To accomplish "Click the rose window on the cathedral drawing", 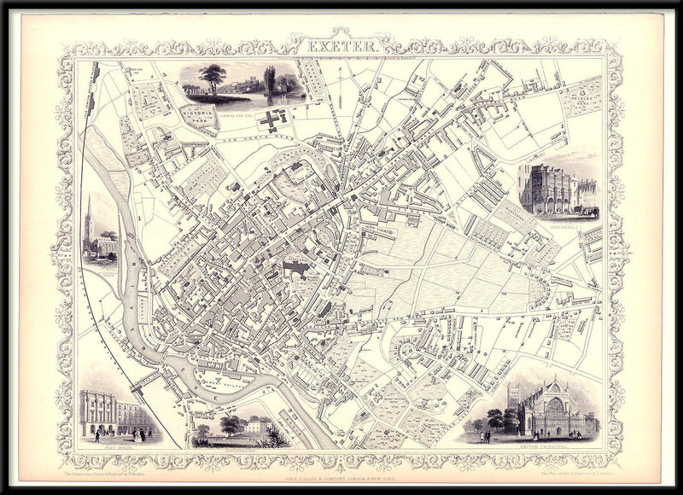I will pos(556,407).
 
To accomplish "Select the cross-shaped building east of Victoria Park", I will pos(271,120).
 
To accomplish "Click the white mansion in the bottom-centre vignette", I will pos(255,425).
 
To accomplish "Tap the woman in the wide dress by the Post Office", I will pos(141,434).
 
